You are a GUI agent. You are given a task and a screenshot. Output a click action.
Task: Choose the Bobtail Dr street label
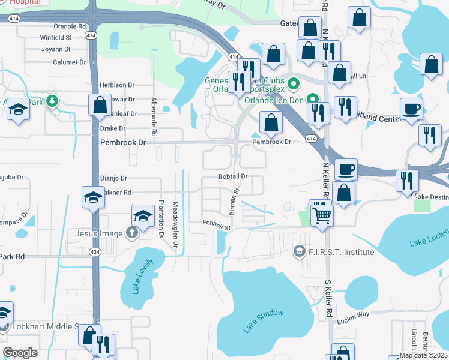(233, 176)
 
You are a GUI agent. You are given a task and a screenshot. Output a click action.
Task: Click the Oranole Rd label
(70, 26)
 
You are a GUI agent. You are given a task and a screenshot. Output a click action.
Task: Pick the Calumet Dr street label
(68, 62)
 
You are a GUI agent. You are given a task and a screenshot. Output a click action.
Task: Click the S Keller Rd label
(328, 298)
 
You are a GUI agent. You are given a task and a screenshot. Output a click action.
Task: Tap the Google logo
(20, 353)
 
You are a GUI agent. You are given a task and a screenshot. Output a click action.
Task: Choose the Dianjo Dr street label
(113, 178)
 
